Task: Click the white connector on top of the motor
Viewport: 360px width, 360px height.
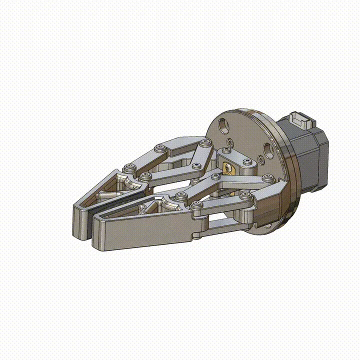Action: pos(302,120)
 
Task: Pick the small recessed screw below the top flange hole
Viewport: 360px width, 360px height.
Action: pos(229,141)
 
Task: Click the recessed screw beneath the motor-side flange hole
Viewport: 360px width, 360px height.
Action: pos(262,161)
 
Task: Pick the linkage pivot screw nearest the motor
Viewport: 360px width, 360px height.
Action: pos(269,177)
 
